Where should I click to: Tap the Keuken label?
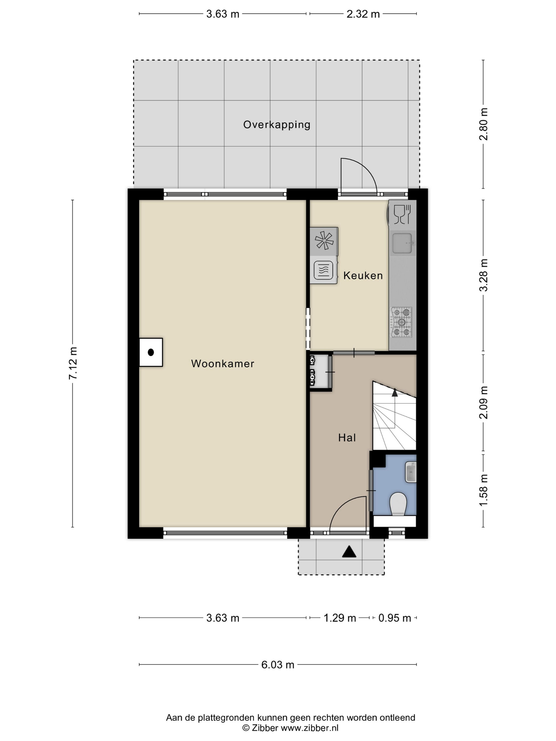click(x=363, y=275)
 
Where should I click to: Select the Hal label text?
click(x=347, y=437)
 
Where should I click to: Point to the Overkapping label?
click(x=277, y=125)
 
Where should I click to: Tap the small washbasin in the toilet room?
click(x=411, y=472)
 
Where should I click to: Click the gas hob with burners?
click(x=401, y=322)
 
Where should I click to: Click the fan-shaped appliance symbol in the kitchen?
click(x=324, y=241)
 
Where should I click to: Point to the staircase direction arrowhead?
click(x=395, y=393)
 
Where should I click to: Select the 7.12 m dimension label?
click(x=73, y=363)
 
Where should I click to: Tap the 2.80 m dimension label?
click(x=483, y=124)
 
